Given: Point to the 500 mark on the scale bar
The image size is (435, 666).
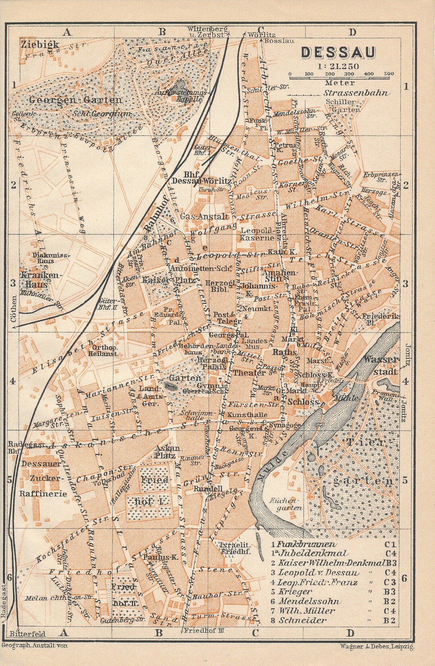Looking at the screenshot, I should [389, 74].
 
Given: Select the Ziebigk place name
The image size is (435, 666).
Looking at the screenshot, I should [40, 44].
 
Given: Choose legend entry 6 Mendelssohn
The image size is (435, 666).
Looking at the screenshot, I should [310, 601].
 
